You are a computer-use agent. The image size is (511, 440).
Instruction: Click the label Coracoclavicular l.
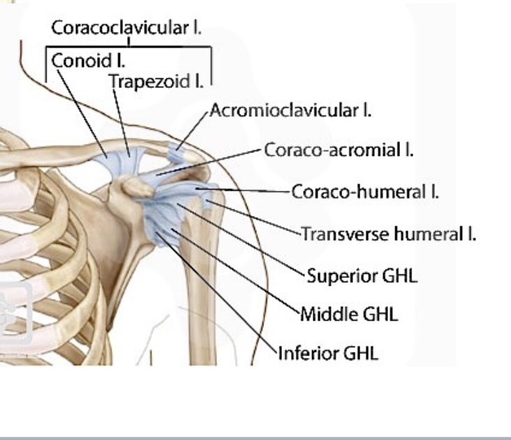[x=130, y=28]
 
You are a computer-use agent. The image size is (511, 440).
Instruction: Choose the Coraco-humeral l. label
[x=364, y=191]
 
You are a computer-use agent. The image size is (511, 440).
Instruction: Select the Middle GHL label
[x=349, y=314]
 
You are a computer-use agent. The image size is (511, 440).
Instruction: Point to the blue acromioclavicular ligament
[x=177, y=150]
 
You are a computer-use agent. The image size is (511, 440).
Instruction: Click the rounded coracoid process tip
[x=130, y=185]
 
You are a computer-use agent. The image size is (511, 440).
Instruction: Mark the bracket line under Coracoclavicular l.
[x=130, y=47]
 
